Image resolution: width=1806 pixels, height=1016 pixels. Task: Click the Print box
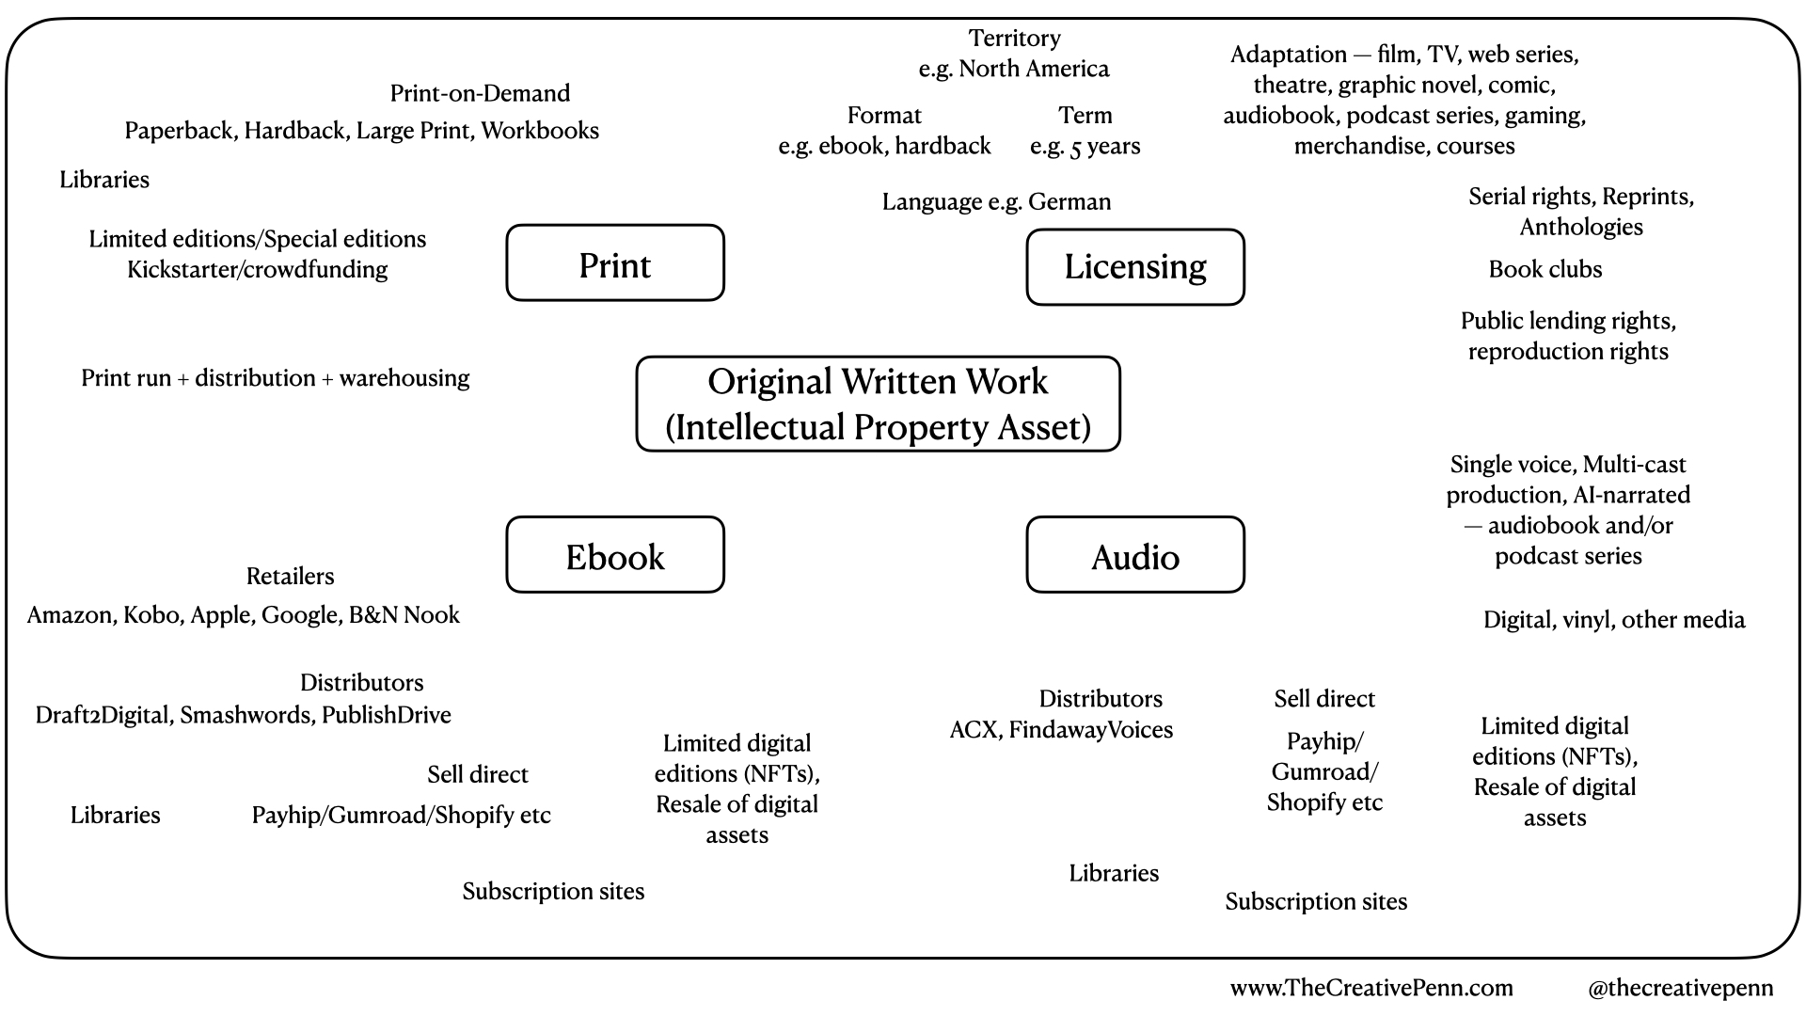click(x=615, y=263)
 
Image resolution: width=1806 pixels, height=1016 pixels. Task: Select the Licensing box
click(x=1134, y=267)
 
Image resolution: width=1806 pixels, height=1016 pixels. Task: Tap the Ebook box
click(x=615, y=555)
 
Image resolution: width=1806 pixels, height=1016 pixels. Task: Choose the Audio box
click(x=1134, y=555)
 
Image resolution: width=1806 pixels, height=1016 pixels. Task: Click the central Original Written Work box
click(x=878, y=404)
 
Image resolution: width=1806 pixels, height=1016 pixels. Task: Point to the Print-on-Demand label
click(x=480, y=93)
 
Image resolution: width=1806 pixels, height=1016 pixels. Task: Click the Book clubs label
click(x=1545, y=269)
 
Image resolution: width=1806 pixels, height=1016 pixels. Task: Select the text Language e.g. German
click(x=996, y=201)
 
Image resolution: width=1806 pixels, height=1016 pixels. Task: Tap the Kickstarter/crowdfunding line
click(x=257, y=269)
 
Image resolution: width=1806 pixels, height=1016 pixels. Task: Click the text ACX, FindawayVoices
click(x=1061, y=730)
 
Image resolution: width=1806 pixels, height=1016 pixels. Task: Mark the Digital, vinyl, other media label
click(x=1613, y=620)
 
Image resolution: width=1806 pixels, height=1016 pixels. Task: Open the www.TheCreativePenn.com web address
click(x=1370, y=988)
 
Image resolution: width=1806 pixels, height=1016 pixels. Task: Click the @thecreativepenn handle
click(x=1680, y=988)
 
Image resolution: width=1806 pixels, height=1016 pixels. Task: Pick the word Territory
click(x=1014, y=39)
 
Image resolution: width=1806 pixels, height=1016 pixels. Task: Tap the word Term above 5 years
click(x=1085, y=116)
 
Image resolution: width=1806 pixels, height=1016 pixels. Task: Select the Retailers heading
click(x=290, y=576)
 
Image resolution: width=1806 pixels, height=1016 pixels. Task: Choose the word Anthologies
click(x=1580, y=227)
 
